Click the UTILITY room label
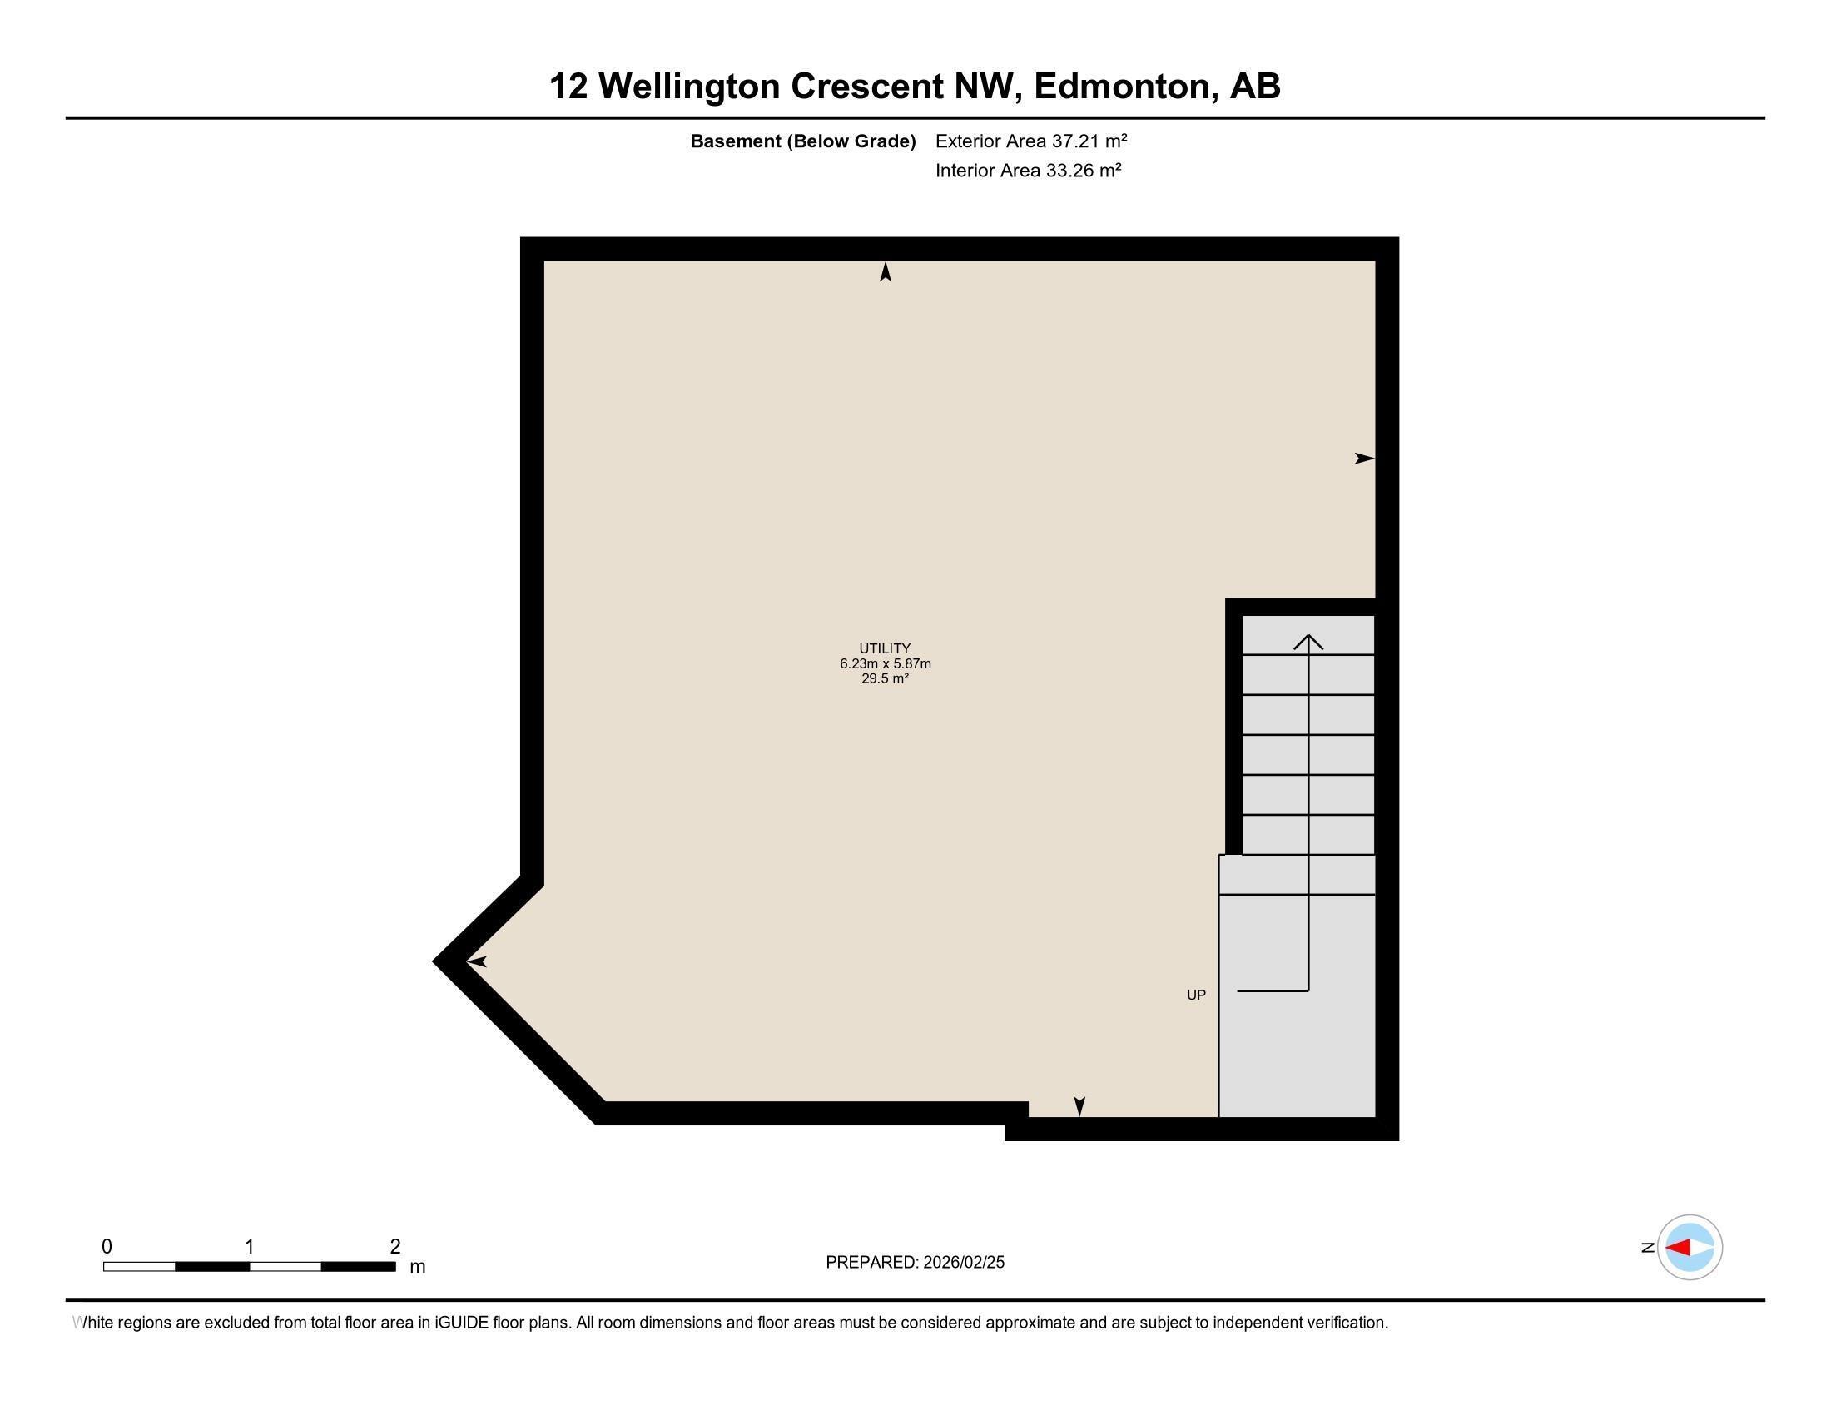[885, 648]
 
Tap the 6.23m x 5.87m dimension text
[886, 663]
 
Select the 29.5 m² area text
[885, 678]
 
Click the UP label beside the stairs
[1195, 994]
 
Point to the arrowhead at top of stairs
[1308, 642]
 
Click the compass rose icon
[1690, 1247]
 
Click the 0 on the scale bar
[107, 1247]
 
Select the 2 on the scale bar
[395, 1247]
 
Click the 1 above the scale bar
[250, 1247]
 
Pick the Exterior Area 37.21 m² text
[1030, 141]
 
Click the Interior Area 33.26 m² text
[1028, 170]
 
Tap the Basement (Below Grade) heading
[802, 141]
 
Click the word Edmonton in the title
[1125, 86]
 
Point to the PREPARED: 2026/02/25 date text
[915, 1262]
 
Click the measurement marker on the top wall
[886, 271]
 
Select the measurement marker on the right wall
[1364, 459]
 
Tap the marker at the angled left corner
[477, 961]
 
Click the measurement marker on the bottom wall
[1079, 1105]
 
